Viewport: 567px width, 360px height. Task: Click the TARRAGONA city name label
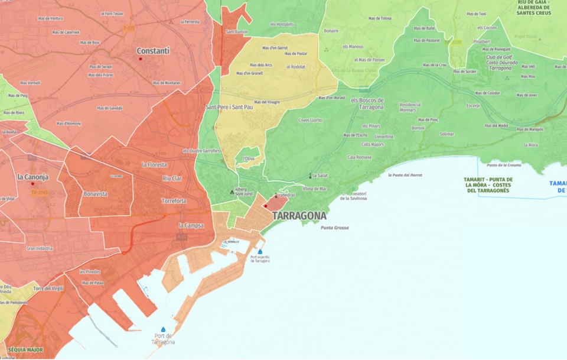coord(299,216)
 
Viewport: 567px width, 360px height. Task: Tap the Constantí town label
coord(153,51)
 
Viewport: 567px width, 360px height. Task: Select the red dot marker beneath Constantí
coord(141,59)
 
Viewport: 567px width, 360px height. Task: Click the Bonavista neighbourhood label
coord(96,194)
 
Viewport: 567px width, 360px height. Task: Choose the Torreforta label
coord(174,201)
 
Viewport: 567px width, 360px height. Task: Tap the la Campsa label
coord(191,225)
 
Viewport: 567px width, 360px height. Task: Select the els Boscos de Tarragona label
coord(367,103)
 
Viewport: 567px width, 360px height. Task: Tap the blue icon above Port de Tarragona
coord(163,330)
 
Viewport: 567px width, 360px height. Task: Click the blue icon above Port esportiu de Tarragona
coord(260,251)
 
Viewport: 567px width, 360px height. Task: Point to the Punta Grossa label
coord(334,228)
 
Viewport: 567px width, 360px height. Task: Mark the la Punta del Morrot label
coord(405,175)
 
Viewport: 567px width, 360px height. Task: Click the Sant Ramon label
coord(237,31)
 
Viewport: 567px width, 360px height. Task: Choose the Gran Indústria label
coord(39,249)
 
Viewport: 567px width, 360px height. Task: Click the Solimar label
coord(447,134)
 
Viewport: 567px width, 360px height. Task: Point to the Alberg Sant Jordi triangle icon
coord(232,192)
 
